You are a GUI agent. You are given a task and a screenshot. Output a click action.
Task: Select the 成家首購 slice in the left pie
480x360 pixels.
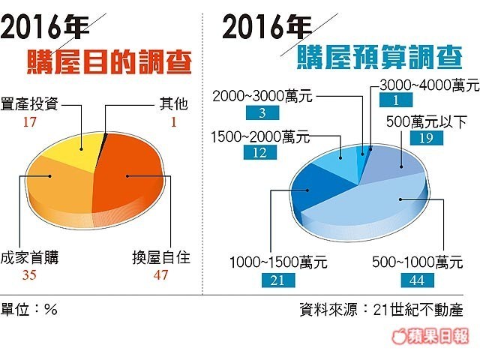tap(56, 187)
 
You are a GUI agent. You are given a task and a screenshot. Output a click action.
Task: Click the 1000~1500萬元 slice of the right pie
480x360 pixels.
tap(311, 187)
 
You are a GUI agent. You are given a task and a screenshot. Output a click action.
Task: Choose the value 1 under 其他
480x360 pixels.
tap(172, 118)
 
